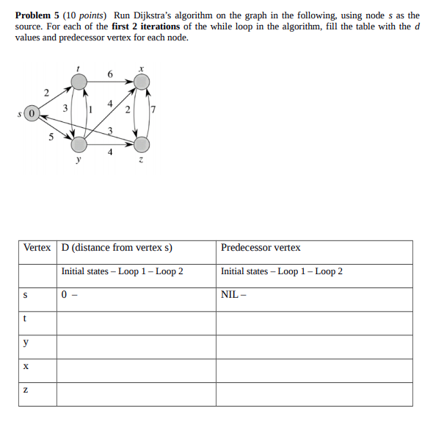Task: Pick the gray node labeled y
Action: (79, 143)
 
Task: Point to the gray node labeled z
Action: (142, 143)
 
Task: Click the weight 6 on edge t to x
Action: (110, 74)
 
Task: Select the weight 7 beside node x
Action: (153, 111)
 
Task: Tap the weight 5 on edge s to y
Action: (50, 136)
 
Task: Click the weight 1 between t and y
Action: (89, 110)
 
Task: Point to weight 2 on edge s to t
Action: (46, 93)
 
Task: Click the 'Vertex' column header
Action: (37, 248)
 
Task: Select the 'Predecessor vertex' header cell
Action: (261, 248)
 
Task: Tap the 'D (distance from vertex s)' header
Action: (117, 248)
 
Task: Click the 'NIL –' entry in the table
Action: (233, 295)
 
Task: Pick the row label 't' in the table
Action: (26, 318)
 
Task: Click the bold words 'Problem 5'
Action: (36, 15)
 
